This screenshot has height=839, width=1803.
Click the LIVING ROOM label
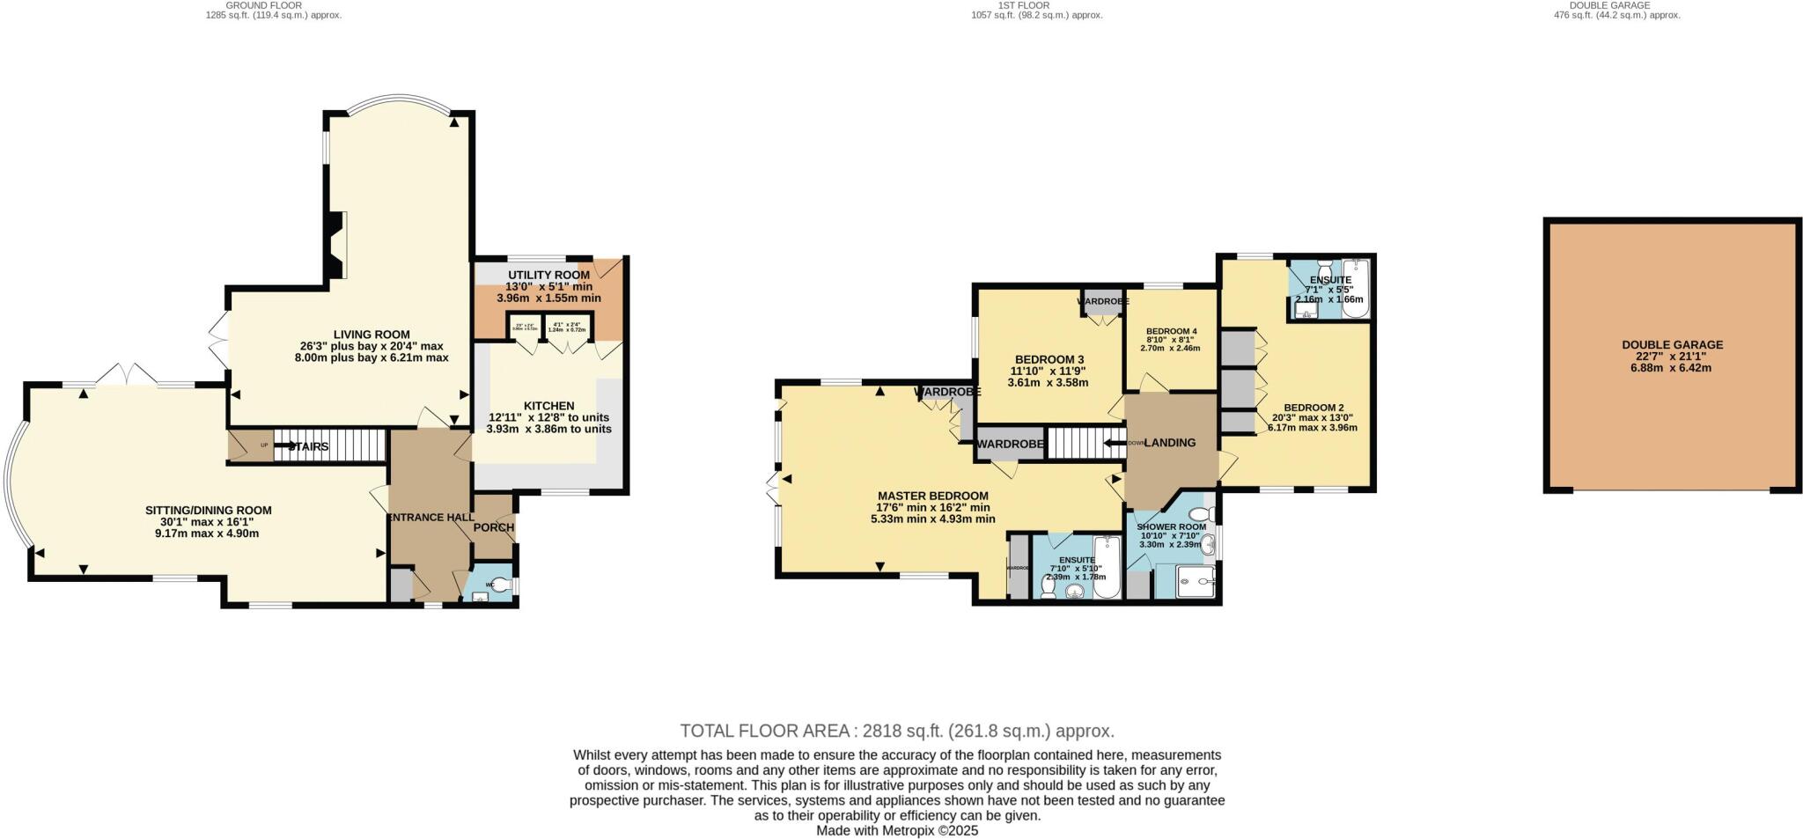tap(371, 335)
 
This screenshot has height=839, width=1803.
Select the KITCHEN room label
tap(548, 406)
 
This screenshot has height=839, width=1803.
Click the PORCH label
tap(494, 527)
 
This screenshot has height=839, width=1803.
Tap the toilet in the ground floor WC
tap(500, 584)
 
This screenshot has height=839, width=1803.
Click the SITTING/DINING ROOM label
tap(208, 511)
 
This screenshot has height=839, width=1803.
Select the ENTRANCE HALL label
tap(431, 518)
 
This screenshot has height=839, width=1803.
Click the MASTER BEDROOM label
tap(932, 497)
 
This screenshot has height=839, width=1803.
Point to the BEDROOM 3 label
tap(1049, 359)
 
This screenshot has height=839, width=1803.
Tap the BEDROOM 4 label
tap(1171, 331)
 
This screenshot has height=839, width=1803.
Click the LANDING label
tap(1169, 443)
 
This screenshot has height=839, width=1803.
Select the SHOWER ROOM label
tap(1171, 527)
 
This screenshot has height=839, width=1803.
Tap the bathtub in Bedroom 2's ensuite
tap(1354, 286)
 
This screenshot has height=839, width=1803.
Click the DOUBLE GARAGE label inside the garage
tap(1672, 345)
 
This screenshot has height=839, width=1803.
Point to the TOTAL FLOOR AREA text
tap(896, 731)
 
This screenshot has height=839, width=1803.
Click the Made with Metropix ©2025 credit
tap(896, 830)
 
